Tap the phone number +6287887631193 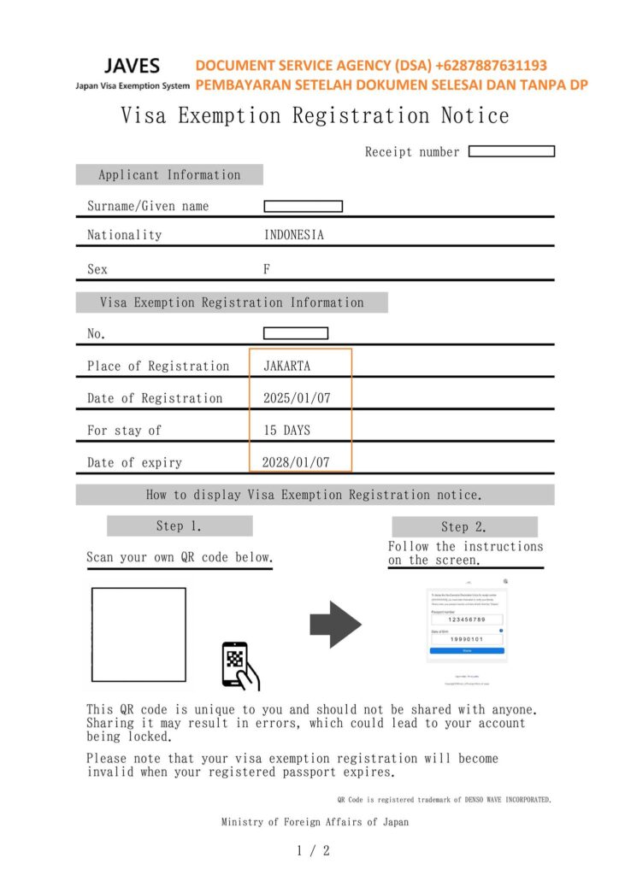pos(491,65)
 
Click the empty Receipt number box pos(511,151)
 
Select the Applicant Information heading pos(169,174)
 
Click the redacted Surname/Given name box pos(303,206)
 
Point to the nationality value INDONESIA pos(293,235)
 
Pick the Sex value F pos(267,268)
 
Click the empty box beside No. pos(295,333)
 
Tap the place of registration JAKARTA pos(287,366)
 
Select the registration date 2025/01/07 pos(296,398)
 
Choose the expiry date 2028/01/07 pos(296,462)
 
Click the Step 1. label pos(179,526)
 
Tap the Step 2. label pos(464,526)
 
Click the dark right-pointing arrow pos(335,625)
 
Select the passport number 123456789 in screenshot pos(467,620)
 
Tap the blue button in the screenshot pos(467,650)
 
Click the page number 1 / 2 pos(313,850)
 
